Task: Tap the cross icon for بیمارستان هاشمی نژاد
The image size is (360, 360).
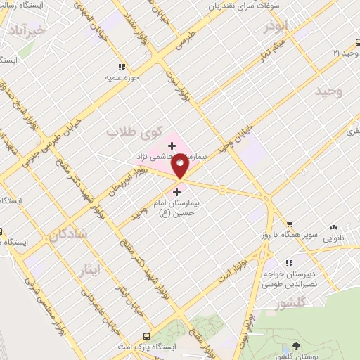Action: point(172,146)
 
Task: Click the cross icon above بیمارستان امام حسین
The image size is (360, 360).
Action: point(176,191)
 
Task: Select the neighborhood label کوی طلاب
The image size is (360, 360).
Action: point(134,131)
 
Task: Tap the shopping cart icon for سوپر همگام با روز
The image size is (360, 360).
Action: point(289,224)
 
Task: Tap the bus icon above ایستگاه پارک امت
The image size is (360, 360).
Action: point(146,336)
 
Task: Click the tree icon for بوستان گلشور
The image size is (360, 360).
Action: point(296,347)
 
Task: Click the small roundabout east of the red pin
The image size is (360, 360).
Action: point(223,189)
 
